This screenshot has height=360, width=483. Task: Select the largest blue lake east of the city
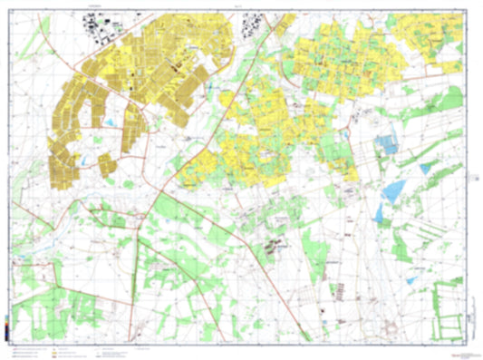[x=395, y=190]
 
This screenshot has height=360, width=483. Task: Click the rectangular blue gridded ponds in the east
[x=387, y=143]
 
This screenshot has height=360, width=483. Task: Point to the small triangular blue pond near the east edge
[x=425, y=169]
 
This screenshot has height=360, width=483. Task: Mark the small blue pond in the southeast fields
[x=411, y=280]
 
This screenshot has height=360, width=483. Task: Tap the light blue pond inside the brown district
[x=110, y=122]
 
